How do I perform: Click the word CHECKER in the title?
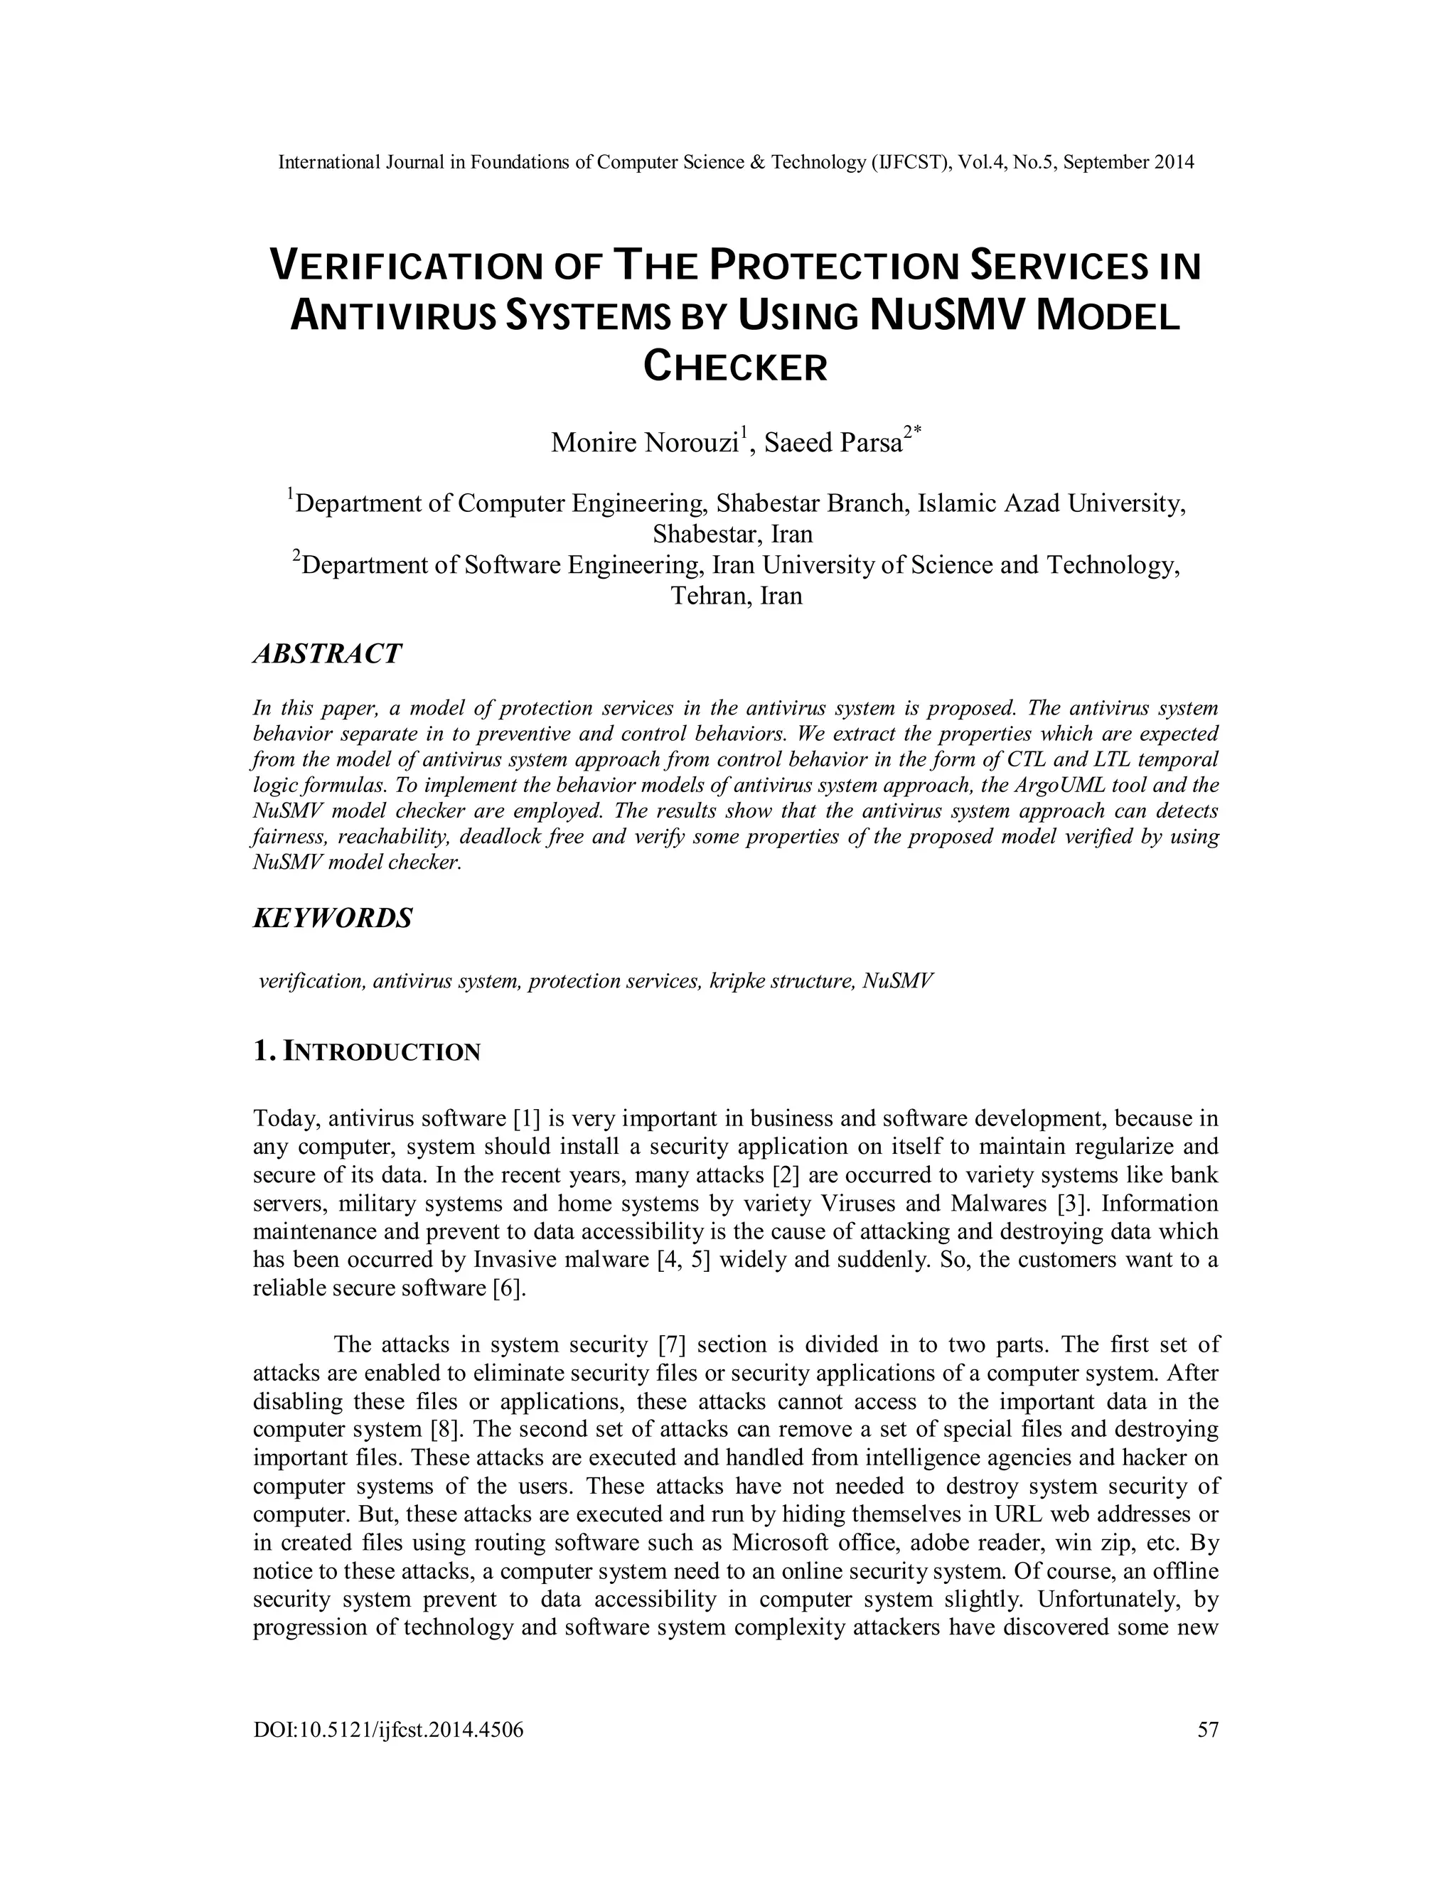point(735,368)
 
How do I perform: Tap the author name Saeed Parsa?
point(833,442)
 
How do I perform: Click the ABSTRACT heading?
point(327,654)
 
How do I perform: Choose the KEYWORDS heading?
point(332,917)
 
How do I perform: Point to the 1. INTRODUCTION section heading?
point(367,1051)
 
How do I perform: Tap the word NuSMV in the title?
point(947,316)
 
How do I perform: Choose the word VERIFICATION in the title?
point(406,266)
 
